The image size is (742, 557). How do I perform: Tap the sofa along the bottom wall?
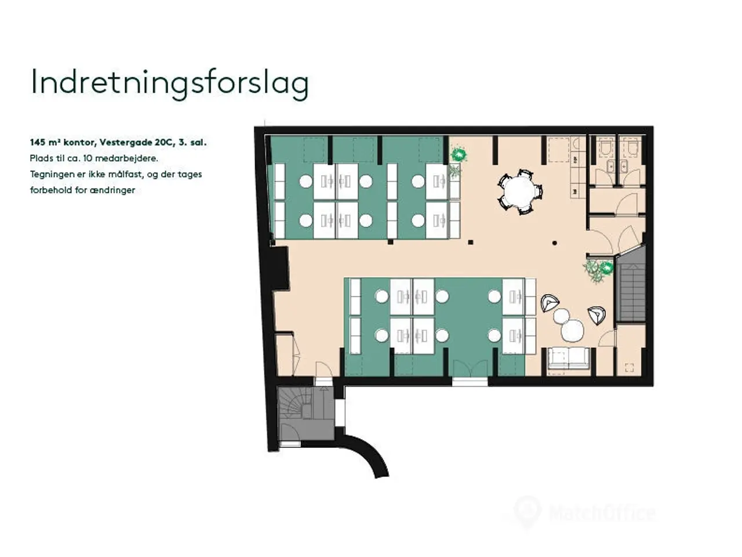[568, 358]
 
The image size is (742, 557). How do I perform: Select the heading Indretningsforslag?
[170, 82]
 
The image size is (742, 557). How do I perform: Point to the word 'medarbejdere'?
[133, 158]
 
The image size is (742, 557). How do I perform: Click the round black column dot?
[555, 243]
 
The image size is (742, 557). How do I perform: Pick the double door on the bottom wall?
[470, 368]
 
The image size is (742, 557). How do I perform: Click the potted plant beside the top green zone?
[459, 155]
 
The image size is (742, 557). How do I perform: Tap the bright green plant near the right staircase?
[607, 268]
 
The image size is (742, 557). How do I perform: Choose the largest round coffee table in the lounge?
[572, 330]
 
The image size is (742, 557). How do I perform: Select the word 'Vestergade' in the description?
[125, 142]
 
